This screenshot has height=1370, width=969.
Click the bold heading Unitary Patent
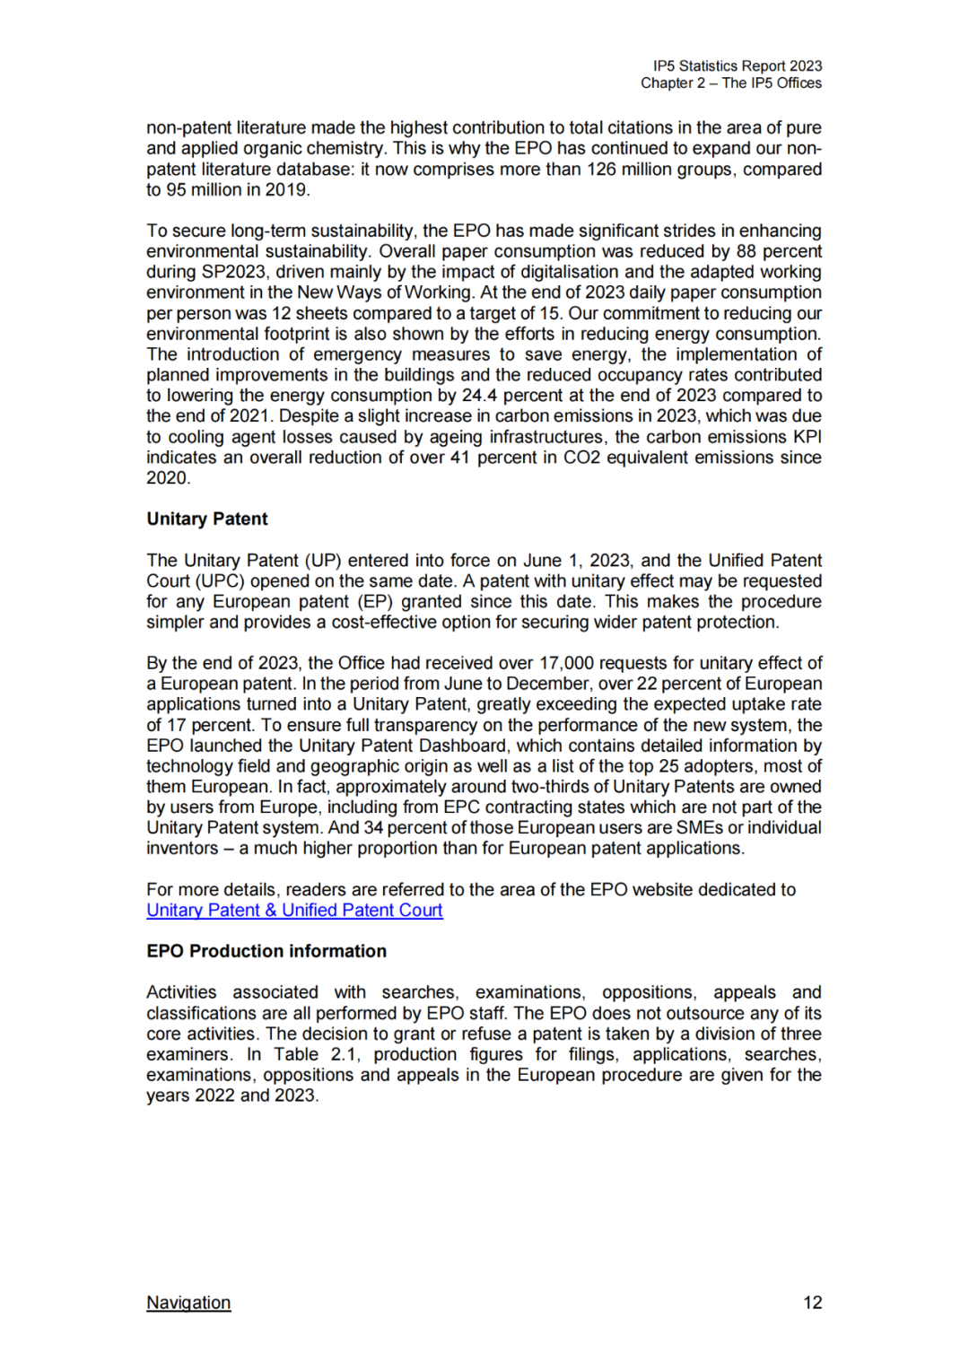coord(207,519)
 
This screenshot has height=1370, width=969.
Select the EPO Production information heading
coord(266,951)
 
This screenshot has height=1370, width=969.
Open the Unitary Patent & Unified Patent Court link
coord(294,910)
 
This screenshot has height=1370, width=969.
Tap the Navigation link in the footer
coord(188,1302)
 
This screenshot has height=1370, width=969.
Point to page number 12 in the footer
coord(812,1302)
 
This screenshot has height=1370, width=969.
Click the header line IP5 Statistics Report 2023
coord(738,65)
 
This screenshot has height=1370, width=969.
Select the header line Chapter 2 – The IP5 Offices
coord(730,83)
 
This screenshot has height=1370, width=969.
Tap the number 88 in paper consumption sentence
coord(746,251)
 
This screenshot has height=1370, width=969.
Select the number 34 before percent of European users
coord(373,827)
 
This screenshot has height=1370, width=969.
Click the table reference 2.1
coord(344,1054)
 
